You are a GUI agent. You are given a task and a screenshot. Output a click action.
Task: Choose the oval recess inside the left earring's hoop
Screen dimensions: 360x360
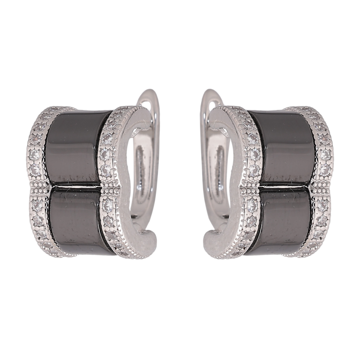pyautogui.click(x=143, y=175)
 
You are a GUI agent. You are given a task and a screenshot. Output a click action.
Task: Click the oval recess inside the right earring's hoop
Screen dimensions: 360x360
pyautogui.click(x=217, y=175)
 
